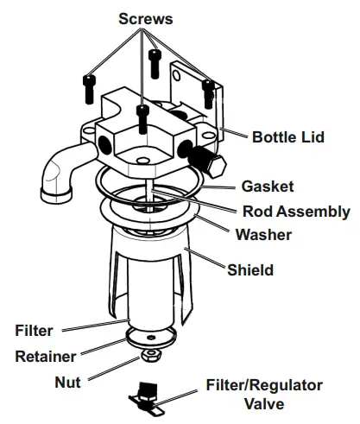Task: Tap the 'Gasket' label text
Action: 268,187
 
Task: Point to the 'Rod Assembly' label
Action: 296,211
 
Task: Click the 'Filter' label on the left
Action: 35,330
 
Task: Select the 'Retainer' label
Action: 45,355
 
